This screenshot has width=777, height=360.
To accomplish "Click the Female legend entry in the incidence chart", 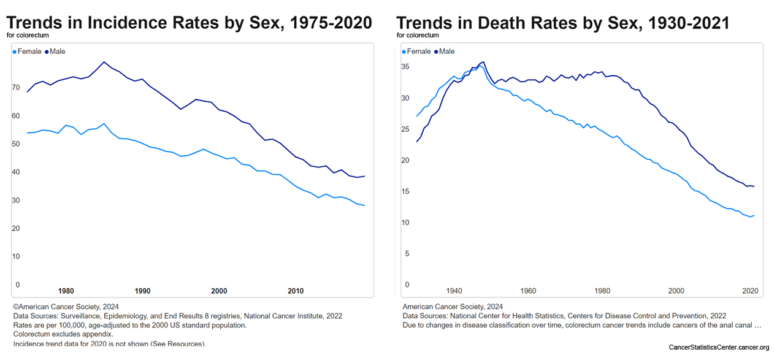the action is click(28, 52).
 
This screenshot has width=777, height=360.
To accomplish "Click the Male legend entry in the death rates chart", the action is click(446, 52).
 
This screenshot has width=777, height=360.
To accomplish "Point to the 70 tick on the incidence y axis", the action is click(15, 88).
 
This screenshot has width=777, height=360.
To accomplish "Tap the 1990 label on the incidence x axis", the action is click(143, 291).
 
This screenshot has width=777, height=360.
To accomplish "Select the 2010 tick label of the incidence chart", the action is click(296, 291).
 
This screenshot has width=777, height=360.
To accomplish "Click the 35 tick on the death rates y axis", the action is click(404, 67).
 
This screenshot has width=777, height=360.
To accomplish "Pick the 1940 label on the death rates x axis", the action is click(454, 291).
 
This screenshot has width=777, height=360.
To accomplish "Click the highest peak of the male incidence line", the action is click(104, 62).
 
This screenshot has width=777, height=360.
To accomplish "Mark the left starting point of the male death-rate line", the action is click(417, 142).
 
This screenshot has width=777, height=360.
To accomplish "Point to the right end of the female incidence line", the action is click(364, 205).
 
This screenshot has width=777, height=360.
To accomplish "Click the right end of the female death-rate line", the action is click(754, 215).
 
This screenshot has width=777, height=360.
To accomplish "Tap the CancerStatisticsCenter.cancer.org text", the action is click(718, 348).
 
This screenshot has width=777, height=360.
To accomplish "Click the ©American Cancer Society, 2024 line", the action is click(66, 306).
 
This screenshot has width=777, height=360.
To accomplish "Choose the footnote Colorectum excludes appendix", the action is click(63, 334).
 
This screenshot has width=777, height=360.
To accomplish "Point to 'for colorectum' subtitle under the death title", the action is click(418, 35).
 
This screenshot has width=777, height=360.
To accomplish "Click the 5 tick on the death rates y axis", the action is click(407, 254).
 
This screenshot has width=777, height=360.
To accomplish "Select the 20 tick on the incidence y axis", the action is click(15, 229).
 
